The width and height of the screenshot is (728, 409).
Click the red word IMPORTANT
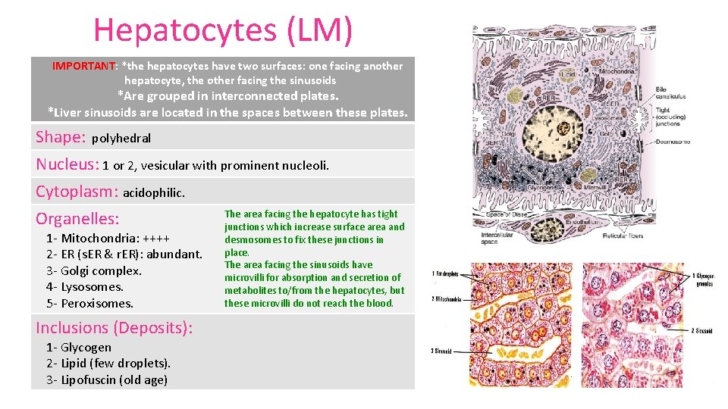coord(83,66)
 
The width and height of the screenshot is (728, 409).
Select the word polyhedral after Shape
coord(121,139)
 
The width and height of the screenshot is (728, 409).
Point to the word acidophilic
coord(153,193)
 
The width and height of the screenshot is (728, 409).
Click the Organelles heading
coord(77,219)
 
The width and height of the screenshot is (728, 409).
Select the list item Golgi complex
coord(101,270)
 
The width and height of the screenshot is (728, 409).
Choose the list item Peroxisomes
coord(96,303)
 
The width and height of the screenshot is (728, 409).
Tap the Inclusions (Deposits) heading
coord(114,328)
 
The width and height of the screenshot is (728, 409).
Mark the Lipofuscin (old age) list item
coord(114,379)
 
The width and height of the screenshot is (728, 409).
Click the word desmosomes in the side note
coord(250,239)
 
